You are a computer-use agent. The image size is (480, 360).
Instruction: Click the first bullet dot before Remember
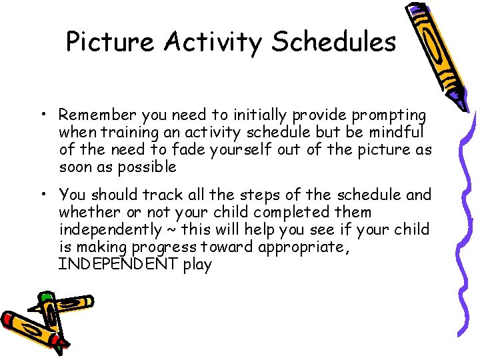(42, 115)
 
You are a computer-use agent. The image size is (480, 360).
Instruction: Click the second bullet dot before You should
(42, 195)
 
